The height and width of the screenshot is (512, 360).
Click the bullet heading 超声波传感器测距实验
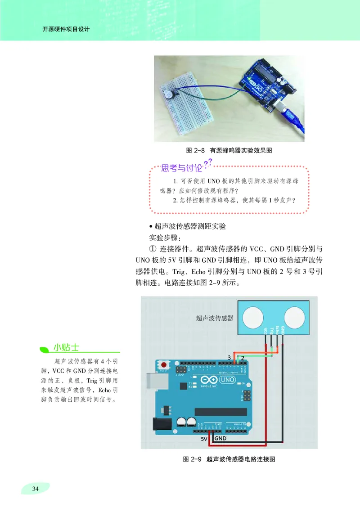(187, 226)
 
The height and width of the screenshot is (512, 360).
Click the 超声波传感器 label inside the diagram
(215, 318)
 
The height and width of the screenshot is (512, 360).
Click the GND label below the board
(220, 438)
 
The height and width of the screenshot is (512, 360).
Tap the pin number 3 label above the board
(229, 358)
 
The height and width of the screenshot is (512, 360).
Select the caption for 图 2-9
(229, 459)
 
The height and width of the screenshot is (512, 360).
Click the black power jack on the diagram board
(158, 424)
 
